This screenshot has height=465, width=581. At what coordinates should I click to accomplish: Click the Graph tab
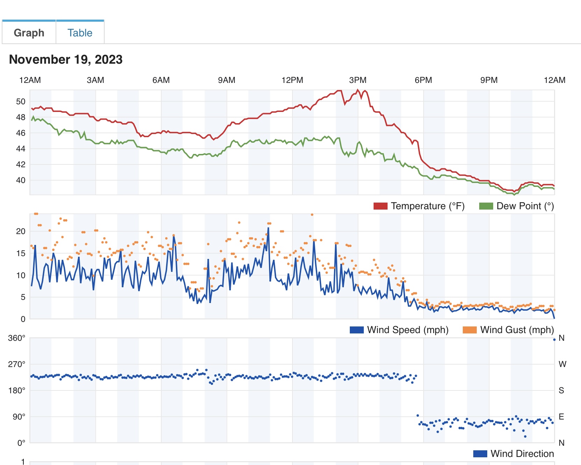pyautogui.click(x=29, y=33)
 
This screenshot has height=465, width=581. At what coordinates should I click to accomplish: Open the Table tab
pyautogui.click(x=80, y=33)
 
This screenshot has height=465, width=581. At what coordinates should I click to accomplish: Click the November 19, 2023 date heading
pyautogui.click(x=66, y=59)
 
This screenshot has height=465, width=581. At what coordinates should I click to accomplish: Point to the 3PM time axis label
pyautogui.click(x=357, y=80)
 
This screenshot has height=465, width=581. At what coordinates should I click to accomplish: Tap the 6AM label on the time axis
pyautogui.click(x=161, y=80)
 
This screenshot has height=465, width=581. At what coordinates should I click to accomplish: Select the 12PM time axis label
pyautogui.click(x=292, y=80)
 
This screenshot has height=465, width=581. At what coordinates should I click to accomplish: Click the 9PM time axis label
pyautogui.click(x=489, y=80)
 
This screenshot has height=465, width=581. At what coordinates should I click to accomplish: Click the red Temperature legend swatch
pyautogui.click(x=380, y=206)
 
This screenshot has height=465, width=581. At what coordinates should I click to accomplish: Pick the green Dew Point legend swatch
pyautogui.click(x=486, y=206)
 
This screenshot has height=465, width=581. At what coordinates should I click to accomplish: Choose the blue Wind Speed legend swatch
pyautogui.click(x=356, y=330)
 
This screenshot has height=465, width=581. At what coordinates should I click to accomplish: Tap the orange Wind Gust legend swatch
pyautogui.click(x=469, y=330)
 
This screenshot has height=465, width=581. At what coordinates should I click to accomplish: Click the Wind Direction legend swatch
pyautogui.click(x=480, y=454)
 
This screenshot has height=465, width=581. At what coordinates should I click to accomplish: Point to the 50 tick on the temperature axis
pyautogui.click(x=21, y=101)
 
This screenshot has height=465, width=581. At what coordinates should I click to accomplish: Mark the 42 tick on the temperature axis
pyautogui.click(x=21, y=164)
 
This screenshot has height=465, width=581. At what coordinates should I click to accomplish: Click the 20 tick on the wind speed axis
pyautogui.click(x=21, y=231)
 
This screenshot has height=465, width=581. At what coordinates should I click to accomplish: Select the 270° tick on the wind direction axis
pyautogui.click(x=17, y=364)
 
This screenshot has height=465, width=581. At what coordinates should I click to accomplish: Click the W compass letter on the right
pyautogui.click(x=562, y=364)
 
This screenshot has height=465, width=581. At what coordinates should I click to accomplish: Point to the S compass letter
pyautogui.click(x=561, y=390)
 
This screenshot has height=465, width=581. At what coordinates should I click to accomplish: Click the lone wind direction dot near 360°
pyautogui.click(x=554, y=339)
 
